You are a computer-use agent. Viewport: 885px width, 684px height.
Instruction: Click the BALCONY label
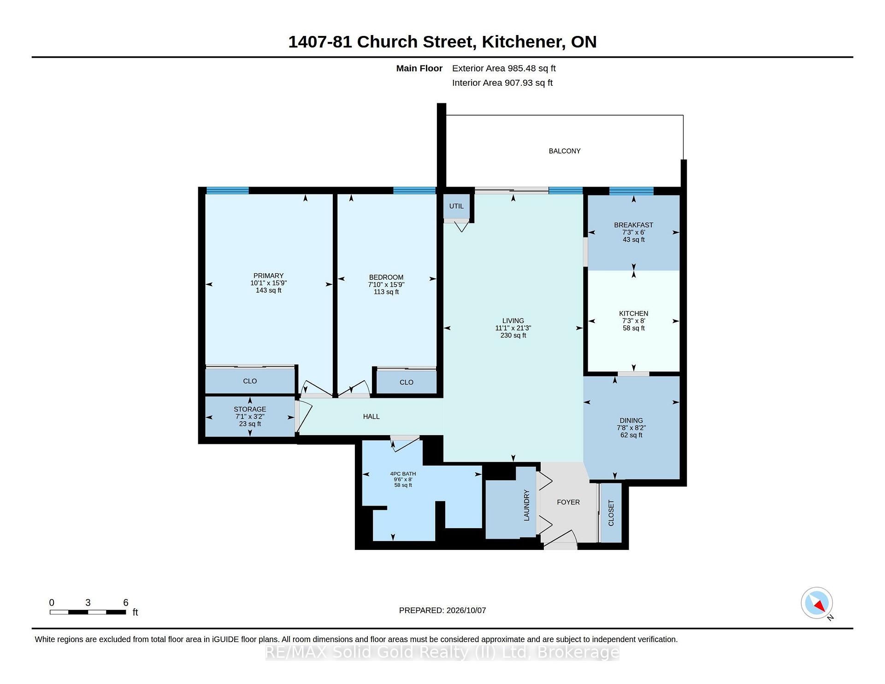564,151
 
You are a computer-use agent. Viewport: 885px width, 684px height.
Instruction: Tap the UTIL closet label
456,206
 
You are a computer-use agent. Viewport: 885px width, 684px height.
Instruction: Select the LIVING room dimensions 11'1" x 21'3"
513,328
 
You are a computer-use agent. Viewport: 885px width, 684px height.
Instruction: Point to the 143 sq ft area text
268,290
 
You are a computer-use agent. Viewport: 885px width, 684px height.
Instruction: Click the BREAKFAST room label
633,225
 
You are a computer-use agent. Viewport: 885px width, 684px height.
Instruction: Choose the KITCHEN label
633,313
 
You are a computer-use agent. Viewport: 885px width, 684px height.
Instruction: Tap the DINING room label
631,420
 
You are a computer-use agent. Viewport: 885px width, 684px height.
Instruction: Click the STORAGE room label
250,409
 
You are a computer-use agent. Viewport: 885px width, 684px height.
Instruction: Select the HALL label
371,417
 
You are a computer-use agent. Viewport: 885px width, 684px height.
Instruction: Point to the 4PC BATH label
403,474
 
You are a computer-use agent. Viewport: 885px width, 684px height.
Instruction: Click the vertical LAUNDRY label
526,505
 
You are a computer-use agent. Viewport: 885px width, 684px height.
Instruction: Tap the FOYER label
568,502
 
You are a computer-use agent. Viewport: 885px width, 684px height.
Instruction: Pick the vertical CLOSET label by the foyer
611,513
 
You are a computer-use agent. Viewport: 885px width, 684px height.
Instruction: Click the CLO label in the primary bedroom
250,381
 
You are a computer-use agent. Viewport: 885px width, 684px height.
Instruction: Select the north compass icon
817,603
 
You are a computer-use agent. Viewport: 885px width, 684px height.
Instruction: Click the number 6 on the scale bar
125,602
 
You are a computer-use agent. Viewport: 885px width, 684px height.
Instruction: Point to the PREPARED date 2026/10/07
466,610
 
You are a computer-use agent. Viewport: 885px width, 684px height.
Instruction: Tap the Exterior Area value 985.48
522,68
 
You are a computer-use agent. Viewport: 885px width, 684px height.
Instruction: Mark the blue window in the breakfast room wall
631,191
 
